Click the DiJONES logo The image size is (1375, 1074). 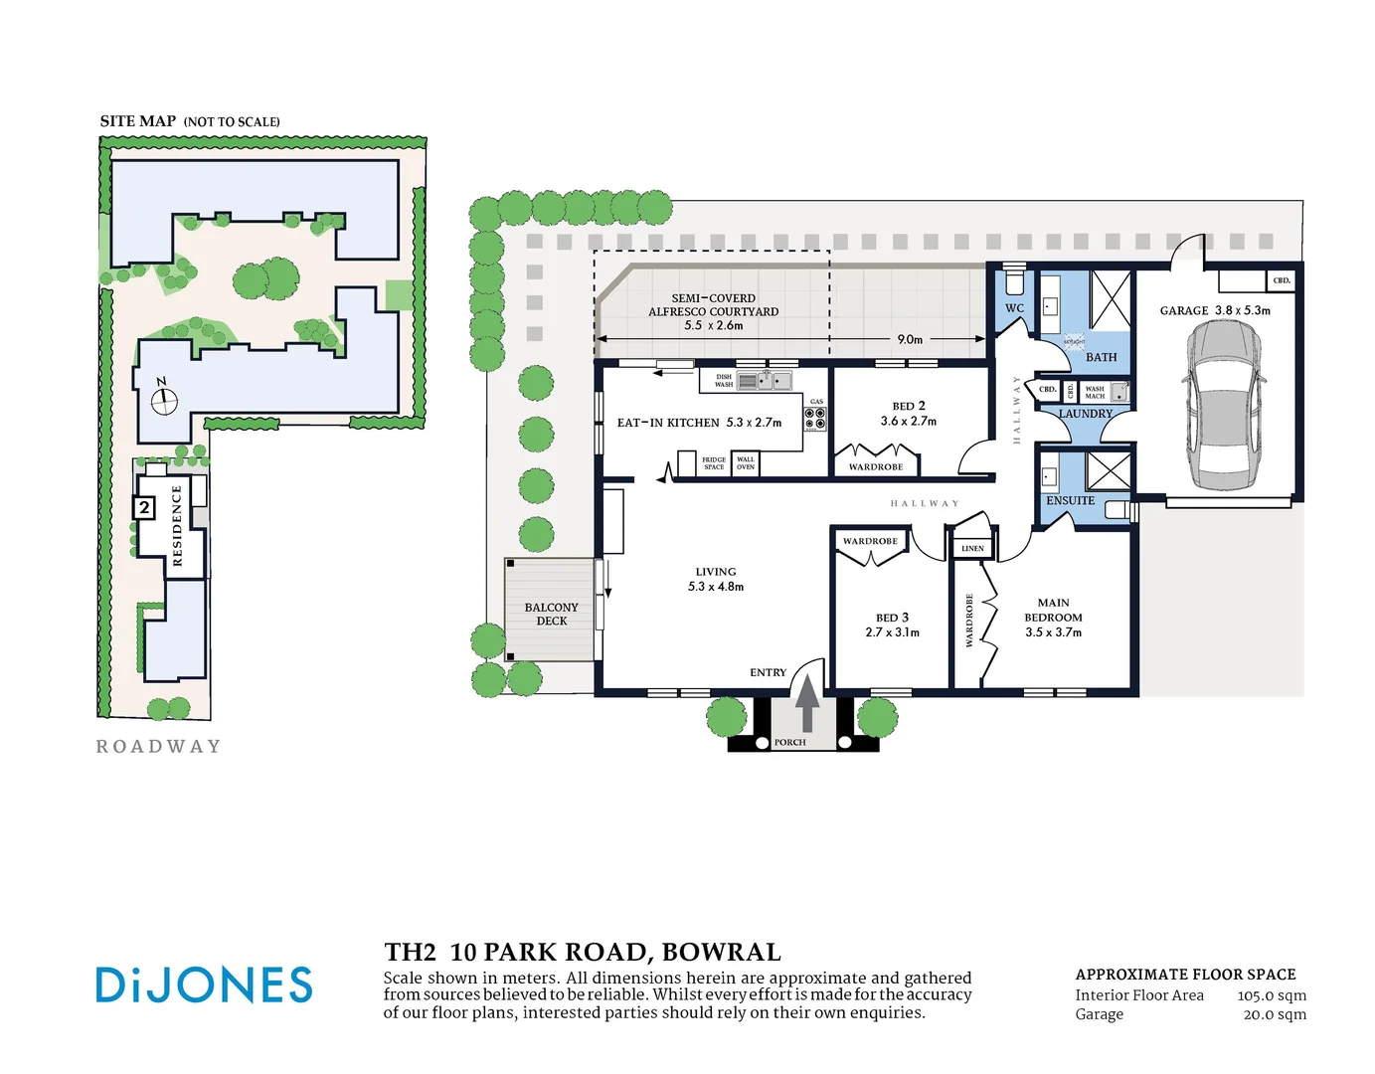[204, 984]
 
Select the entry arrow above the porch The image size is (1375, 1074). [807, 703]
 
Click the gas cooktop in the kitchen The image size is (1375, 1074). [815, 419]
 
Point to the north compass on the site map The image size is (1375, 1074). [163, 400]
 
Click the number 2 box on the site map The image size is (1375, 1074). [144, 508]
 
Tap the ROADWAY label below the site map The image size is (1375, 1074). [158, 746]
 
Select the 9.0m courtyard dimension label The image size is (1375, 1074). [909, 339]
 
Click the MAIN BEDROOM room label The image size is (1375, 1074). [1053, 610]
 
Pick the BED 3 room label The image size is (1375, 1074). [892, 618]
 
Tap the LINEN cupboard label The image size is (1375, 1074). [972, 549]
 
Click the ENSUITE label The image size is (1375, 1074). [1070, 500]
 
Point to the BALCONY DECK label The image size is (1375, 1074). [551, 614]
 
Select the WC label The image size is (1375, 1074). [1014, 308]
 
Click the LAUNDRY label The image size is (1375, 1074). [1085, 414]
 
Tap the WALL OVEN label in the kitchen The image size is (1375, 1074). [746, 463]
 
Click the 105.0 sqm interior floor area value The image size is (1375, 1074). [1272, 995]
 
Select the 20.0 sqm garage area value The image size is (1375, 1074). [1275, 1014]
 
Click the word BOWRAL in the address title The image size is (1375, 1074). [721, 952]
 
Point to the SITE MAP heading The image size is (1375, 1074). [138, 121]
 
